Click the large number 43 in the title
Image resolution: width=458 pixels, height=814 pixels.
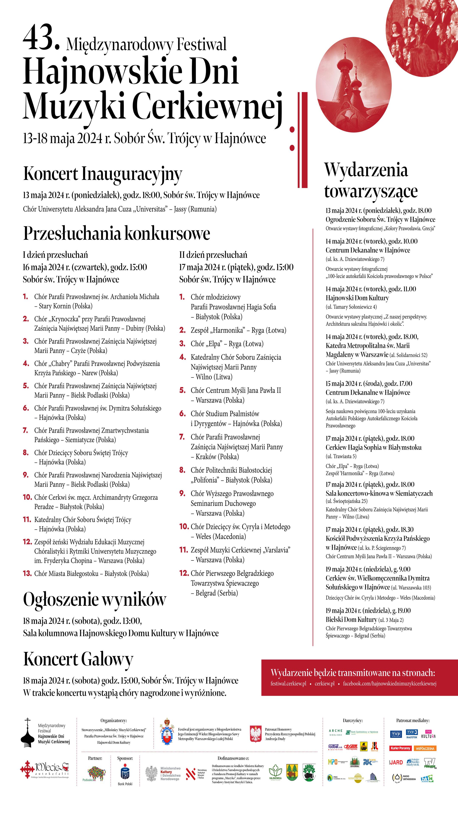(x=41, y=38)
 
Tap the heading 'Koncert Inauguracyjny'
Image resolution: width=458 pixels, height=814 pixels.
(x=103, y=174)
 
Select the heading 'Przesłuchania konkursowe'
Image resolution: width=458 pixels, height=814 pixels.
(x=117, y=234)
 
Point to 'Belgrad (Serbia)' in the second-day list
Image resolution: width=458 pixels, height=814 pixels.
(x=216, y=593)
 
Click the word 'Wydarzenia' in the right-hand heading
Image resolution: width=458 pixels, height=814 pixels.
(x=366, y=170)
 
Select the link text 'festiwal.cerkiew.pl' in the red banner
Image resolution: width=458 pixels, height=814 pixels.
(x=288, y=683)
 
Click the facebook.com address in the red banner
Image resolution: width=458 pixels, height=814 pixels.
(x=390, y=683)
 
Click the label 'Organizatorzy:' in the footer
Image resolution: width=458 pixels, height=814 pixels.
(x=114, y=721)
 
